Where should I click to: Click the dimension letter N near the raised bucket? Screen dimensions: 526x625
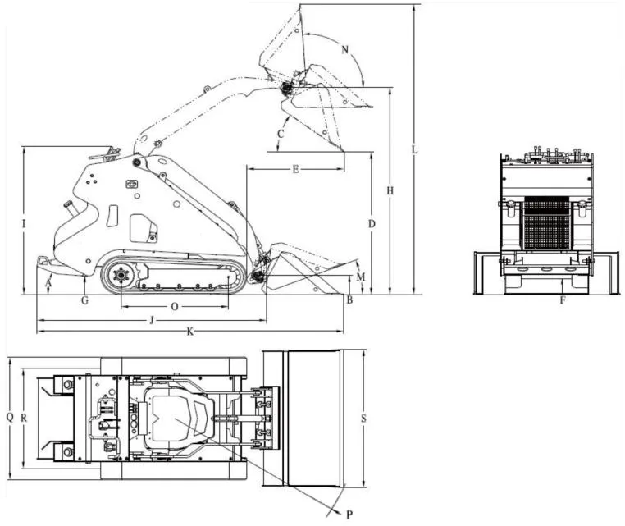click(x=345, y=50)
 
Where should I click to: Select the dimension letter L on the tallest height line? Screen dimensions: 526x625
click(x=415, y=149)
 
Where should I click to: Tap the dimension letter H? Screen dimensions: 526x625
click(x=391, y=190)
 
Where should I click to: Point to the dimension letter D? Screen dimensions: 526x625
click(x=372, y=223)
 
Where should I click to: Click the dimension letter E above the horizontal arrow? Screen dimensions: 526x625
click(x=295, y=170)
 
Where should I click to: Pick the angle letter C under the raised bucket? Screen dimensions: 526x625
click(x=281, y=133)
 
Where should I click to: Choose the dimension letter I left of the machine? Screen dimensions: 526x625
click(x=25, y=223)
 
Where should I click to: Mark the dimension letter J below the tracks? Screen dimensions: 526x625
click(x=150, y=318)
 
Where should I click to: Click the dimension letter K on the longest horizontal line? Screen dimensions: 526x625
click(x=190, y=332)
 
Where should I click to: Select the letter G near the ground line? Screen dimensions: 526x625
click(x=84, y=300)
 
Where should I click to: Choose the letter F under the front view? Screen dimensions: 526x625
click(x=563, y=300)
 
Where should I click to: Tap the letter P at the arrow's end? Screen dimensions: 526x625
click(x=349, y=514)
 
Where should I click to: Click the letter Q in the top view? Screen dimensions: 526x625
click(x=10, y=417)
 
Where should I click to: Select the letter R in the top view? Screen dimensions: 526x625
click(x=25, y=417)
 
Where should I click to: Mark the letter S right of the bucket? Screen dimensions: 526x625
click(x=363, y=419)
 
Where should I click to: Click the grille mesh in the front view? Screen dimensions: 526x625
click(x=545, y=223)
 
